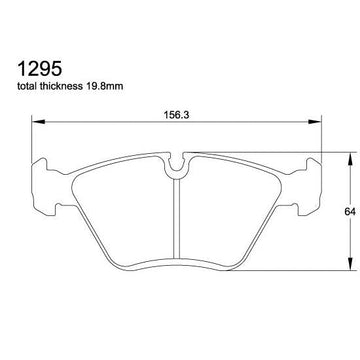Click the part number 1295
40,69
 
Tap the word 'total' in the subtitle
27,86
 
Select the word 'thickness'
60,86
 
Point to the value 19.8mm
104,86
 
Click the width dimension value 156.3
176,115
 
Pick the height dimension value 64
350,211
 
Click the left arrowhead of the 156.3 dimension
38,122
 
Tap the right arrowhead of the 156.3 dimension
315,122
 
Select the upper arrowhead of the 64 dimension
350,159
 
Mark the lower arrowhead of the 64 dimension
350,264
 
